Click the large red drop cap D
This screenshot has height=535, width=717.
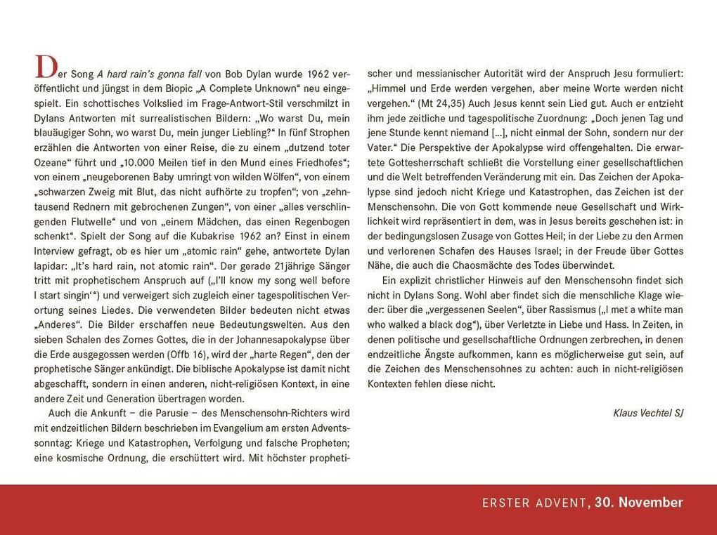point(45,68)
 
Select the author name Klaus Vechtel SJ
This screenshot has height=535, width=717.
point(647,413)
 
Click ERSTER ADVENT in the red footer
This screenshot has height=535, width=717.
point(534,503)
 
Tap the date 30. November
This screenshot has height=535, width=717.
point(638,503)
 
